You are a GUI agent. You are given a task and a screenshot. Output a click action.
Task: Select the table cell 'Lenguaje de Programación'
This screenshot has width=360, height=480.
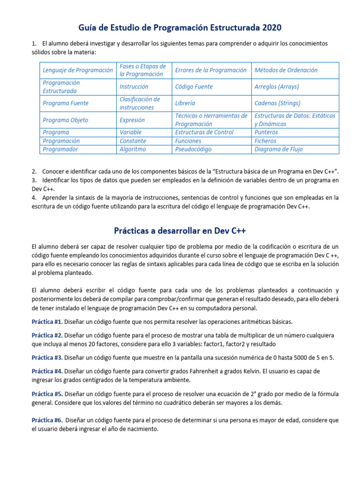tap(78, 70)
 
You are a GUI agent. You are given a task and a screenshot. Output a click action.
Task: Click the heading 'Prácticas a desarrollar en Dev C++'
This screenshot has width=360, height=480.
tap(180, 231)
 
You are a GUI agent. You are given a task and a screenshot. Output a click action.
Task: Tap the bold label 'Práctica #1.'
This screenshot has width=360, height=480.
tap(47, 322)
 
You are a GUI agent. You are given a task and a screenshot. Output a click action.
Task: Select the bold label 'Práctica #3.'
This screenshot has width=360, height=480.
tap(47, 358)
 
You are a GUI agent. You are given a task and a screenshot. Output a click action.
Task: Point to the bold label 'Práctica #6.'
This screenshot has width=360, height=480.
tap(47, 420)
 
